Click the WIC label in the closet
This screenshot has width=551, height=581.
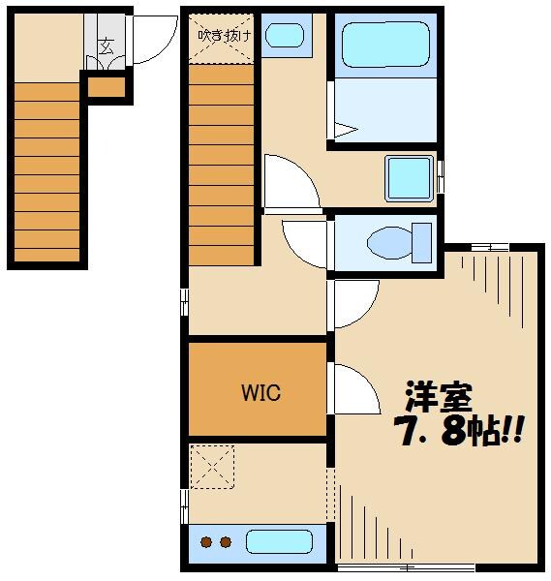click(260, 393)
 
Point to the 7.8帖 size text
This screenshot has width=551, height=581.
click(458, 430)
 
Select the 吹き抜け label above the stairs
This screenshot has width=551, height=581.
click(224, 35)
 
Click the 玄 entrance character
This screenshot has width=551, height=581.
click(105, 43)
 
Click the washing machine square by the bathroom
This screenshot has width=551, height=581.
click(410, 177)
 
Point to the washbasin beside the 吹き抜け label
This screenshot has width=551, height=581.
click(284, 36)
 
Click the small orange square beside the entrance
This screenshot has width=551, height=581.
click(107, 88)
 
